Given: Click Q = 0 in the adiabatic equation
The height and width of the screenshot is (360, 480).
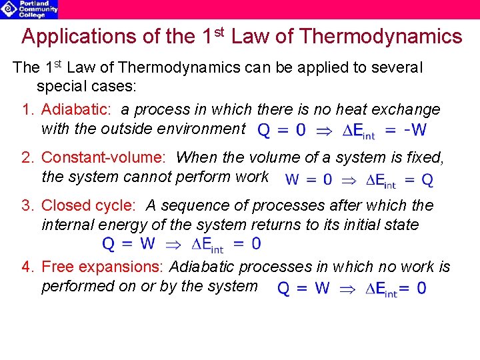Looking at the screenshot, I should point(281,130).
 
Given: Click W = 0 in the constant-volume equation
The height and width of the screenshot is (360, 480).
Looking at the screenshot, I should point(309,179).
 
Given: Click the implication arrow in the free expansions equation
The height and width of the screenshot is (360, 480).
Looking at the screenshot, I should point(349,289).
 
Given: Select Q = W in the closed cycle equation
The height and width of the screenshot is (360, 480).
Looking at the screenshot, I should point(128,244).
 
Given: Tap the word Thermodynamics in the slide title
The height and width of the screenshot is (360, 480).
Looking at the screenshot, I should point(381,37).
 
